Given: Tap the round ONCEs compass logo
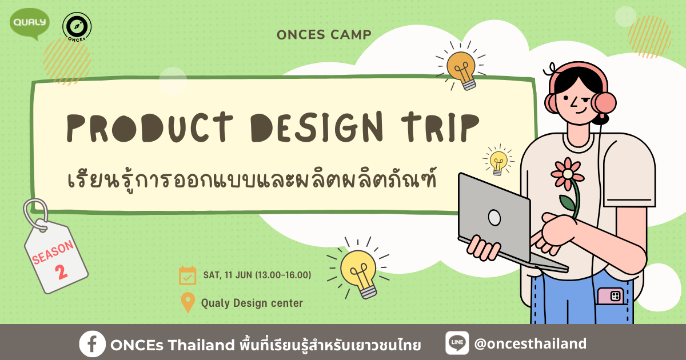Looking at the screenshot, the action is [x=77, y=27].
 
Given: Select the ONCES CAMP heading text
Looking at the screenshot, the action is [x=324, y=35].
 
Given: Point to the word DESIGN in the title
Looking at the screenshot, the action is [x=317, y=127].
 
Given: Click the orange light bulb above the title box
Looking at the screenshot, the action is [x=461, y=70].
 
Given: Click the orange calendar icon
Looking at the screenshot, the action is [x=188, y=275].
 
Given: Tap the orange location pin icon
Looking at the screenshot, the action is [x=188, y=302].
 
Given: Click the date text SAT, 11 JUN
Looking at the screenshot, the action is [x=228, y=275].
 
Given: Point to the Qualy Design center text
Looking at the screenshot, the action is [x=252, y=303].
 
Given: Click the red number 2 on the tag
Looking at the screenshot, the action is [x=61, y=271].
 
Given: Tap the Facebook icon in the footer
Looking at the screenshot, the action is [x=92, y=344].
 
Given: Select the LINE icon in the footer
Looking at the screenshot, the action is [x=457, y=343].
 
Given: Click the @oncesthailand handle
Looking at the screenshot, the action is [x=531, y=344].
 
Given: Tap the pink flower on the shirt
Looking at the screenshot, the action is [x=568, y=174].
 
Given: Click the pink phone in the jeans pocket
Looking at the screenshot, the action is [x=611, y=296].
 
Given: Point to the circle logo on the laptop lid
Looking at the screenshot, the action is [x=494, y=218].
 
